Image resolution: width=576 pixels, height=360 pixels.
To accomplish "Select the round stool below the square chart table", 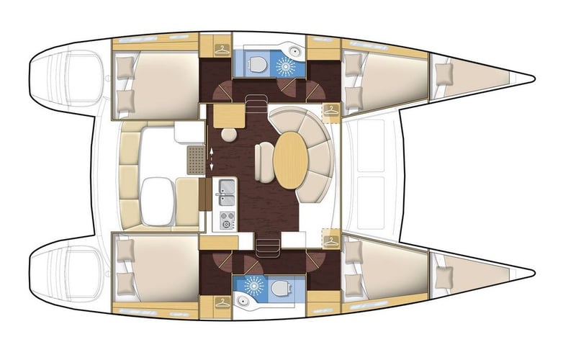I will pyautogui.click(x=229, y=135).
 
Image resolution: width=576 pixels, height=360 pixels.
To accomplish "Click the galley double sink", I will pyautogui.click(x=228, y=190).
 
